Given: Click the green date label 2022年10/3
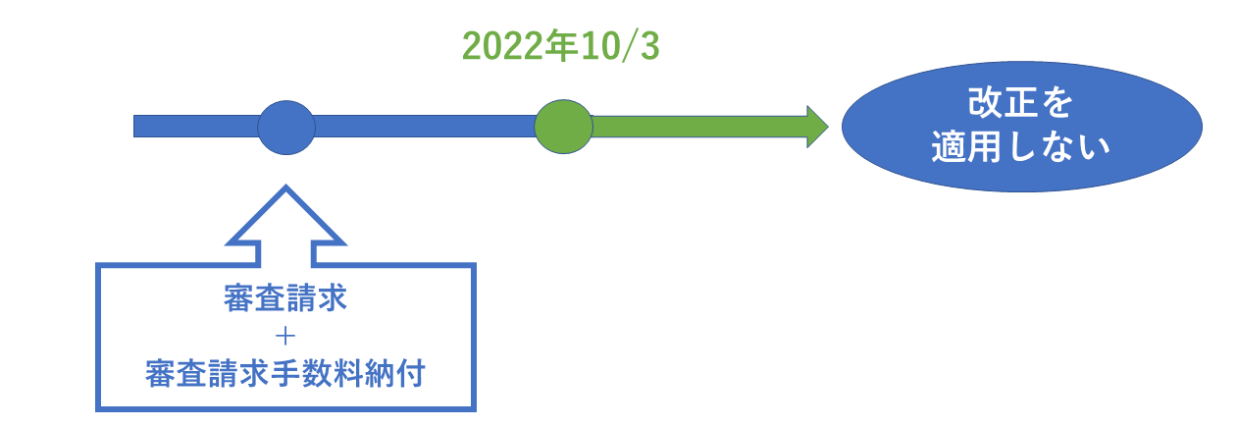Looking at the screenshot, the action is [561, 46].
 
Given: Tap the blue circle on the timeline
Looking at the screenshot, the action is [286, 128].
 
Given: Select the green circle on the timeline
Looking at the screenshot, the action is [563, 127].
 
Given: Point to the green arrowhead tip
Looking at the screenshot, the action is [828, 127].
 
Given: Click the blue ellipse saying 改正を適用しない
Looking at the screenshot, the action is [1021, 127].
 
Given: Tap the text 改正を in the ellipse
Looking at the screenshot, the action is [1020, 102].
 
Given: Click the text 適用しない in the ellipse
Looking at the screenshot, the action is [1020, 147].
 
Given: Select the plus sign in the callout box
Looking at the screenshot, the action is [285, 336].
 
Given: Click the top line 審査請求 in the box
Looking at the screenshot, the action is [285, 297].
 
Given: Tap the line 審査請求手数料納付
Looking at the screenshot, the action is [285, 373].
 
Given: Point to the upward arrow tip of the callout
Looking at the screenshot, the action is [285, 186].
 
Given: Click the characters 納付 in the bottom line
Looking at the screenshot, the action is [394, 373].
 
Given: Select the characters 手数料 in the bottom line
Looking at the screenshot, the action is [317, 373].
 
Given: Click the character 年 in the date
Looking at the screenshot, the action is [561, 46].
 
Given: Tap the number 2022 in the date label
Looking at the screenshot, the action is [503, 46].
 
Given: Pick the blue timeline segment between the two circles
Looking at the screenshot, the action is [425, 127].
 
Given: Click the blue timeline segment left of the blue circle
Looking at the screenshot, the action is [196, 127].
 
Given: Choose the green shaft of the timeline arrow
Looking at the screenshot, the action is [699, 127].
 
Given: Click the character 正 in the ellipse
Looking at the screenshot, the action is [1020, 102].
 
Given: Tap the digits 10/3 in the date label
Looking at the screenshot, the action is [619, 46].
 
